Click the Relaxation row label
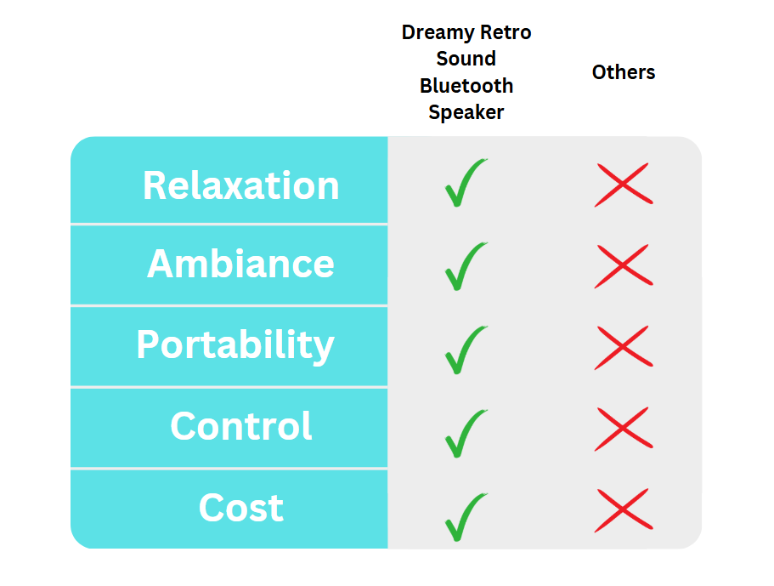point(241,185)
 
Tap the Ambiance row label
point(241,264)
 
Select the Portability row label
point(235,346)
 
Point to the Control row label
point(241,425)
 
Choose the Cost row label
point(241,507)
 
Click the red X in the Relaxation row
point(623,185)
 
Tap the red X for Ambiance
point(623,266)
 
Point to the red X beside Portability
point(623,347)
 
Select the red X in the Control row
point(623,429)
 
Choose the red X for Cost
point(623,510)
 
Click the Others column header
point(624,72)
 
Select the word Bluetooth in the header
point(466,86)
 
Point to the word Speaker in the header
point(466,112)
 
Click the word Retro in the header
point(506,32)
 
